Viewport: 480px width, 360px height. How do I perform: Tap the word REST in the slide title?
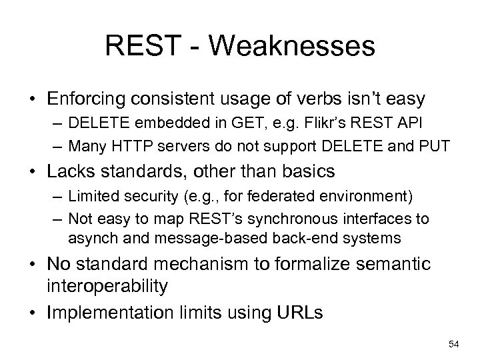point(137,47)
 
